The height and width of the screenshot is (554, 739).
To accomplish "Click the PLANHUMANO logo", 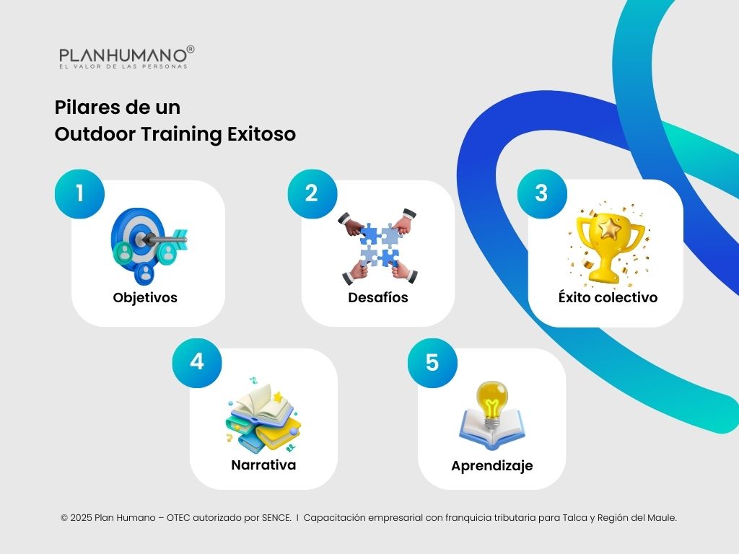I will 127,57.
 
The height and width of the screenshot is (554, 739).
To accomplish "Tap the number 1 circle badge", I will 80,193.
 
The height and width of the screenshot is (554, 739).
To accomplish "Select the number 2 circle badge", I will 312,193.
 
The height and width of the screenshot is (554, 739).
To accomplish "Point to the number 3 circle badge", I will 542,193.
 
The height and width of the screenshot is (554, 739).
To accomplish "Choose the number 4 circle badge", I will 196,361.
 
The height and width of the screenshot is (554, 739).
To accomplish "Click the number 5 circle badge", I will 432,361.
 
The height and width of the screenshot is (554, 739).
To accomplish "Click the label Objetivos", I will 145,297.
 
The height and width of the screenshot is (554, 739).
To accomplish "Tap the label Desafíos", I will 378,297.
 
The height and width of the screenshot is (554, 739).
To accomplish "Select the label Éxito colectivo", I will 608,297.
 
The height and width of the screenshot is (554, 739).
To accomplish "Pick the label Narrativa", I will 263,465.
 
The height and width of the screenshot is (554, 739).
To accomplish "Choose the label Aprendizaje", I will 492,466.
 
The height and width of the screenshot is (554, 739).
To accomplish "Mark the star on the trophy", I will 612,229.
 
